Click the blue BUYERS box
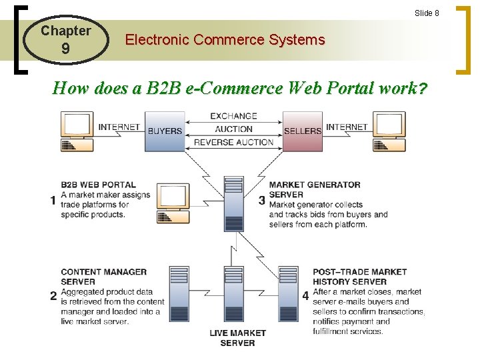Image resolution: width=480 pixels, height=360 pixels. [165, 131]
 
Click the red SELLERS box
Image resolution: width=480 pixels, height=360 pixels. [302, 131]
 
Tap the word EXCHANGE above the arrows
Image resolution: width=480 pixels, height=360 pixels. [233, 116]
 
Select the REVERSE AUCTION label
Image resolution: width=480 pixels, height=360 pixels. [233, 142]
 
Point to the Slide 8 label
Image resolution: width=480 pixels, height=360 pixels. [427, 13]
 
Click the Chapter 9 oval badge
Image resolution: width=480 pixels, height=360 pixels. [65, 39]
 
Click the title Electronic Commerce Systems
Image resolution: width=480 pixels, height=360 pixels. [225, 40]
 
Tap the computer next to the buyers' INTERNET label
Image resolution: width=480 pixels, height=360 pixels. [77, 131]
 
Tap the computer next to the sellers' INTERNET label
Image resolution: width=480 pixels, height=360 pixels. [389, 131]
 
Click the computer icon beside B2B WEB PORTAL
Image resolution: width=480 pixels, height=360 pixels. [173, 203]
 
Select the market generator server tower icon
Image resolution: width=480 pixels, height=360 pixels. [233, 203]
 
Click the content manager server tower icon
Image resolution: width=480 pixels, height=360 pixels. [179, 294]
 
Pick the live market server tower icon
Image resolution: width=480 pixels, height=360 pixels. [233, 294]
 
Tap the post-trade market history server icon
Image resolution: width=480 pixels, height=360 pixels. [288, 294]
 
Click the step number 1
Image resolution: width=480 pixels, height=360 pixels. [53, 200]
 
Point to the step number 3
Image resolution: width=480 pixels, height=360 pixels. [261, 200]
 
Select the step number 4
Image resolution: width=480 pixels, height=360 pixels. [305, 295]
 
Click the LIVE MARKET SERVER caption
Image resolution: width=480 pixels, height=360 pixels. [237, 337]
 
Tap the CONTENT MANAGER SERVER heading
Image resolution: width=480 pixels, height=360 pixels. [103, 277]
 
